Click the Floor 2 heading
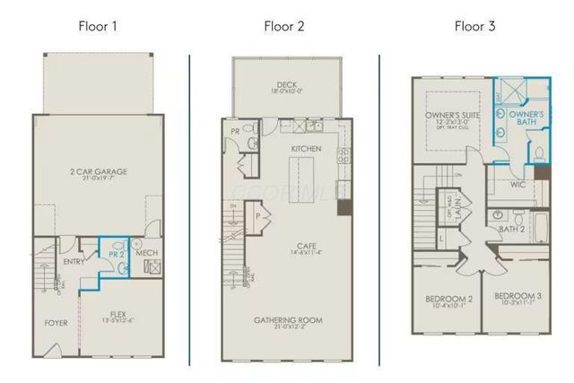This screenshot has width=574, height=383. [x=284, y=26]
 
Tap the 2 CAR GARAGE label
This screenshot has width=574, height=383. [x=97, y=171]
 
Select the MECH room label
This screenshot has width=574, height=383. [x=147, y=254]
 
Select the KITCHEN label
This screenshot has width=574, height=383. [x=307, y=148]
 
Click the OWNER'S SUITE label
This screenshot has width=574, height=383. [x=453, y=116]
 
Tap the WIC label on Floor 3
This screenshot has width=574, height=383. [x=517, y=186]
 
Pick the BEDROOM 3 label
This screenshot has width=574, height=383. [x=518, y=297]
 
